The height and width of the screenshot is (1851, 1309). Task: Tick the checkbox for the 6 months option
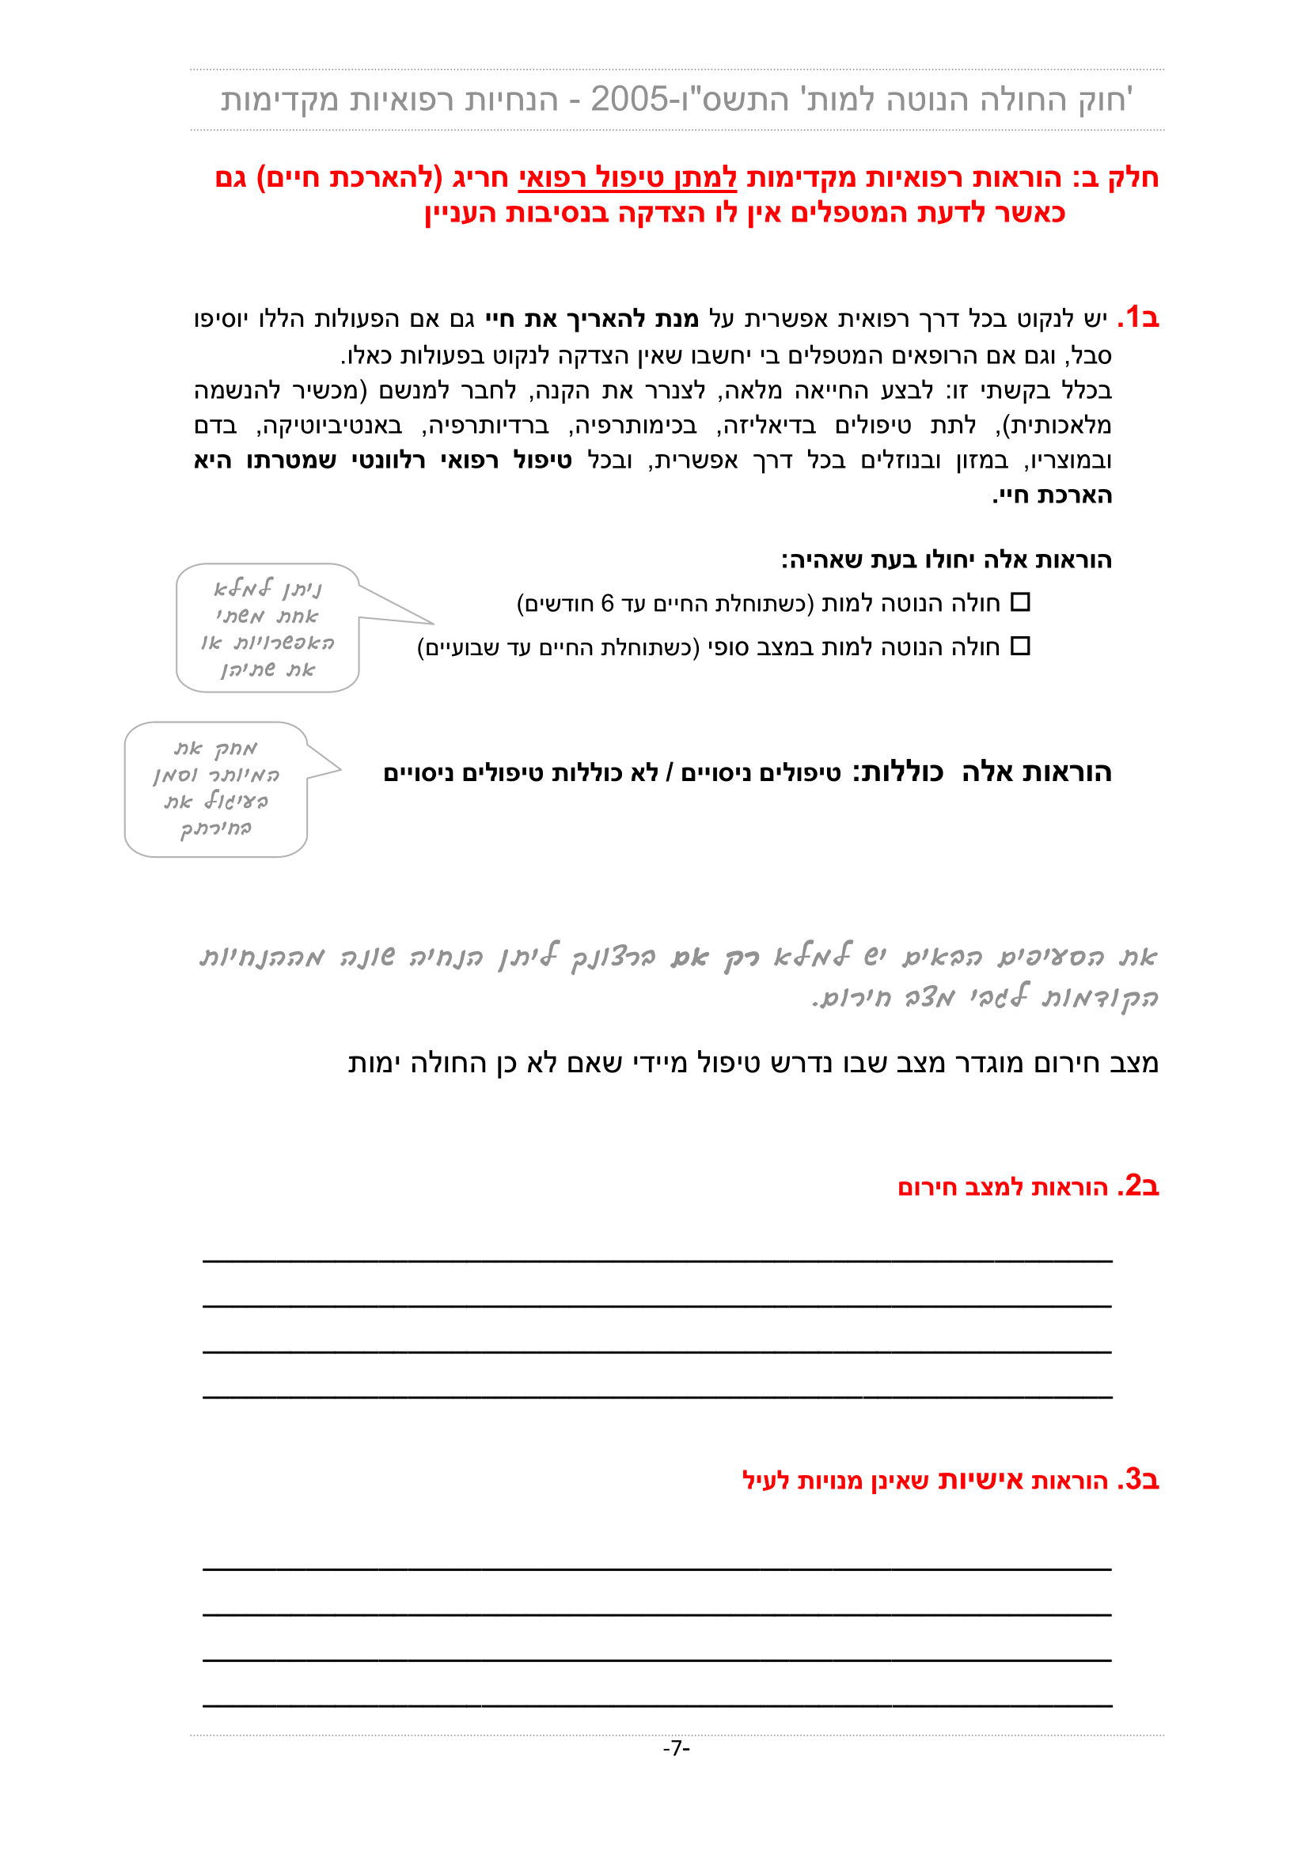tap(1020, 602)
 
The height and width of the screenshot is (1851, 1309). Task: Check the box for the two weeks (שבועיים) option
tap(1020, 647)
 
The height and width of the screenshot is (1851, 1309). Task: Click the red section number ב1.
tap(1138, 317)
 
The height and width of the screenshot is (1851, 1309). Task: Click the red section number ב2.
tap(1138, 1186)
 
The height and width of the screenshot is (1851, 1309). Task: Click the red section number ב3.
tap(1138, 1479)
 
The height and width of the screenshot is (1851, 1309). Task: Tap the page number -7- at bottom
tap(676, 1749)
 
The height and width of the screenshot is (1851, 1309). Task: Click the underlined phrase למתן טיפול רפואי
tap(627, 177)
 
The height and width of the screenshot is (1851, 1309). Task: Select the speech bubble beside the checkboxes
tap(267, 628)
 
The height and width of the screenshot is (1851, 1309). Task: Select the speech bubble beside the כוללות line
tap(216, 789)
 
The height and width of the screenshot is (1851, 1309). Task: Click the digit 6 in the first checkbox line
tap(608, 603)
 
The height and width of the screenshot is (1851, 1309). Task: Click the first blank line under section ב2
tap(657, 1259)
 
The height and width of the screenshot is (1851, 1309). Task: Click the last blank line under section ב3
tap(657, 1705)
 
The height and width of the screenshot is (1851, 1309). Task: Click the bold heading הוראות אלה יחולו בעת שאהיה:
tap(947, 559)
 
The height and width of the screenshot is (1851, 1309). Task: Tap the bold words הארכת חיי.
tap(1052, 495)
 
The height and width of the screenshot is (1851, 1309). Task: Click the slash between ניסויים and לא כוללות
tap(670, 773)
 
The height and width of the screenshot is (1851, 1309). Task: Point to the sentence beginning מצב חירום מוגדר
tap(753, 1063)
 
